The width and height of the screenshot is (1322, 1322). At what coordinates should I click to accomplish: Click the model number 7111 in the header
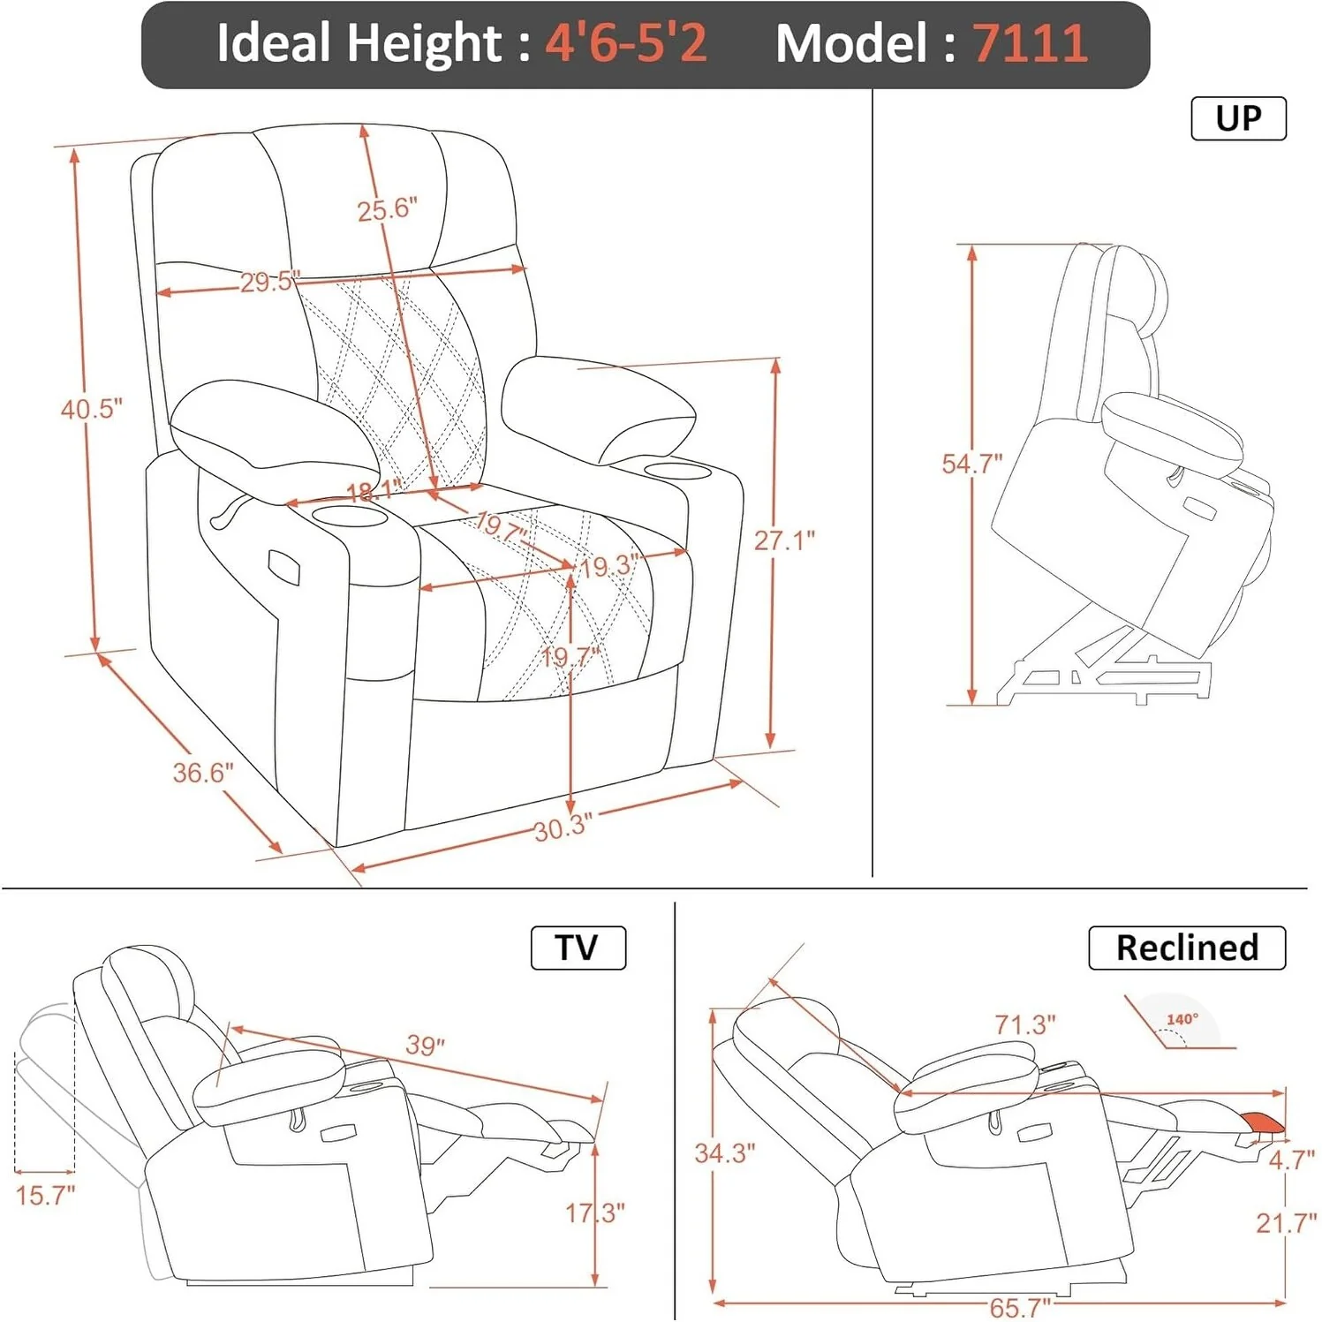tap(1030, 42)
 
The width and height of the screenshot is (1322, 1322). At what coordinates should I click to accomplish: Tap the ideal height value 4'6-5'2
tap(625, 42)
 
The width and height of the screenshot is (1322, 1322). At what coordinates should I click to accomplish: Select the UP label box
tap(1238, 118)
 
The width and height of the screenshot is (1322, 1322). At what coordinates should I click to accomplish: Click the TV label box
tap(578, 948)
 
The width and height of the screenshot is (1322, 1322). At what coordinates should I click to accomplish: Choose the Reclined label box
tap(1186, 948)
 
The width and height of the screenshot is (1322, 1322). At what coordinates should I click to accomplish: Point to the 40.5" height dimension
tap(91, 409)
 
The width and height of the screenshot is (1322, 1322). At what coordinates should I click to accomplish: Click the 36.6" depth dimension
tap(202, 773)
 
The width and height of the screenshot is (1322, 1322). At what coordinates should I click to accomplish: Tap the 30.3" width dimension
tap(563, 827)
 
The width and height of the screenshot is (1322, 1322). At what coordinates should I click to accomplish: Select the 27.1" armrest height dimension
tap(783, 540)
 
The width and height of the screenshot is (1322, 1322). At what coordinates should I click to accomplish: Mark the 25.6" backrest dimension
tap(387, 209)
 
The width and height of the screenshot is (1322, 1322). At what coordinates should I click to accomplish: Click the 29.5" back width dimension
tap(269, 282)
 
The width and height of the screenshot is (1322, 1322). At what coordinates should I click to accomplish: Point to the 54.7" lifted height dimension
tap(971, 464)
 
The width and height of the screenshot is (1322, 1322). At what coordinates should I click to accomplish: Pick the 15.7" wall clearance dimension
tap(46, 1196)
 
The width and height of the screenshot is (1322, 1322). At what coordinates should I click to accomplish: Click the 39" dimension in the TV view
tap(425, 1045)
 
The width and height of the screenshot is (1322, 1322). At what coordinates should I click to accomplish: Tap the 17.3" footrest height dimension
tap(595, 1212)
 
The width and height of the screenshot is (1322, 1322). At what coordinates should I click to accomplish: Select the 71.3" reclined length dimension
tap(1024, 1024)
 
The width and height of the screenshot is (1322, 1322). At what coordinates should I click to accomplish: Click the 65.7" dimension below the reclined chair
tap(1020, 1306)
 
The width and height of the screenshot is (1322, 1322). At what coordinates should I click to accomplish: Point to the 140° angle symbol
tap(1182, 1021)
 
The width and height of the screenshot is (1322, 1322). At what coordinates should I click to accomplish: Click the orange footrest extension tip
tap(1263, 1122)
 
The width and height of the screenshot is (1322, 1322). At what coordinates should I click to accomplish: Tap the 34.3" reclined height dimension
tap(724, 1153)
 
